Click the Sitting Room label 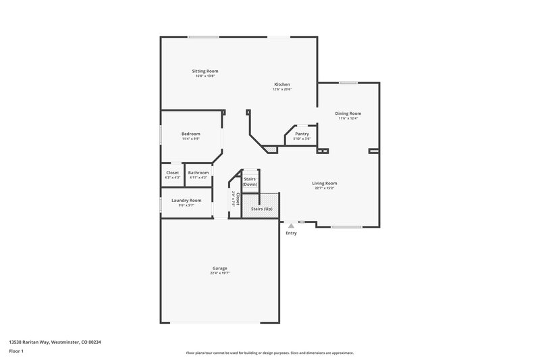[206, 71]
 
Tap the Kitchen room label [281, 84]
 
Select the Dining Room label [348, 113]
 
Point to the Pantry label [302, 134]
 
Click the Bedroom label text [191, 134]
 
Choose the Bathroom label [198, 173]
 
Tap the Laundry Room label [186, 200]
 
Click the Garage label [219, 268]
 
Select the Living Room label [324, 183]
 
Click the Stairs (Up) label [262, 210]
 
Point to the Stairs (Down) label [250, 182]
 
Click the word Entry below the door [291, 234]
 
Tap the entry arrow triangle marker [291, 225]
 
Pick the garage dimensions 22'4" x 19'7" [219, 274]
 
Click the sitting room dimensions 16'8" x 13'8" [206, 76]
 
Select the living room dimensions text [324, 188]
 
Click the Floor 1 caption [17, 351]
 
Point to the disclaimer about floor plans [270, 353]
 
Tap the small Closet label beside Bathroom [173, 173]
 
